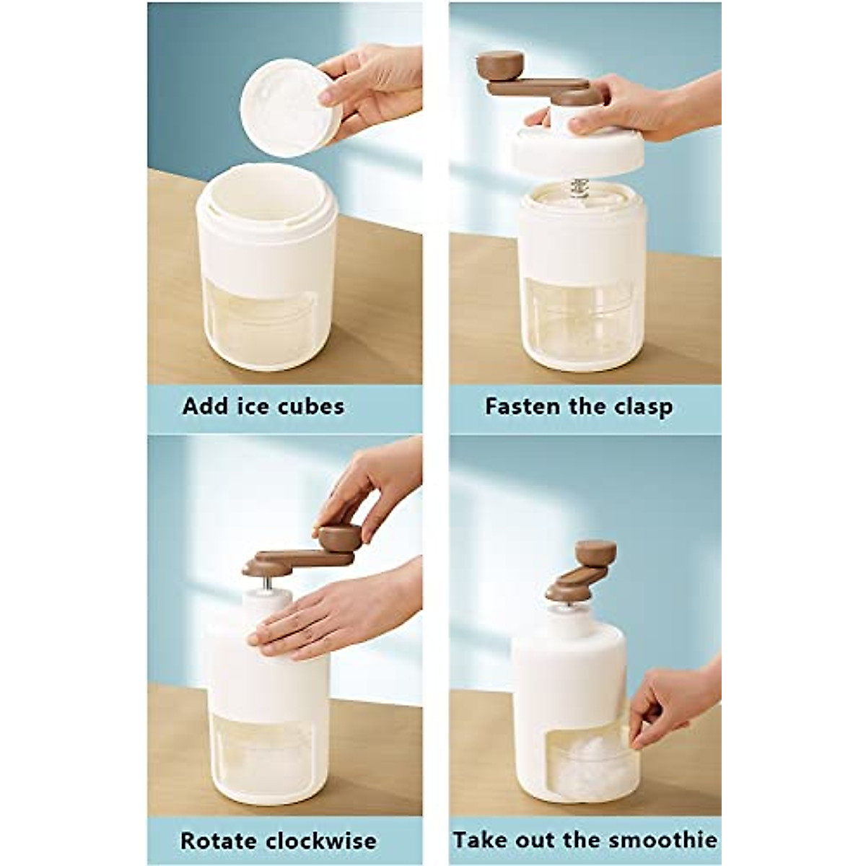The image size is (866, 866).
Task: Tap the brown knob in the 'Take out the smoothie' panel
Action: click(x=597, y=554)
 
